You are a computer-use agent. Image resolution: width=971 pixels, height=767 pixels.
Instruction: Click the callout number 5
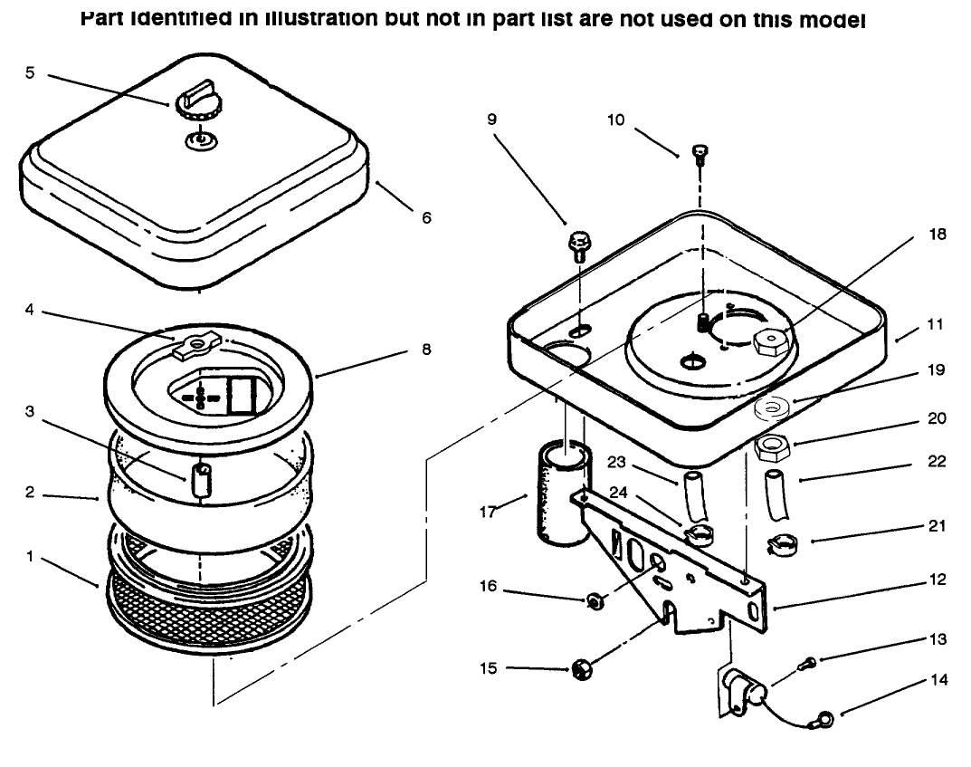pyautogui.click(x=30, y=73)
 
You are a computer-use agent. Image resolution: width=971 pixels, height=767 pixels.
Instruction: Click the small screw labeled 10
pyautogui.click(x=699, y=152)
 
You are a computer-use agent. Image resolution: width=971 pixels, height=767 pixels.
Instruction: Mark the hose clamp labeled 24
pyautogui.click(x=699, y=535)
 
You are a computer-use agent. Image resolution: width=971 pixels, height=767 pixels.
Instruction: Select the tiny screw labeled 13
pyautogui.click(x=806, y=666)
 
